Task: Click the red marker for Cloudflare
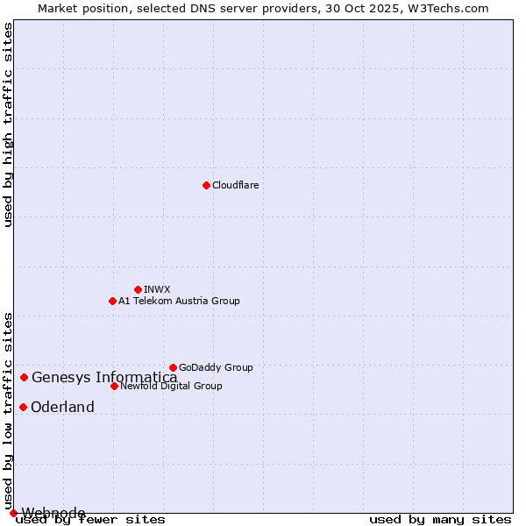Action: click(x=206, y=185)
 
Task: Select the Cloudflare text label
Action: click(x=235, y=185)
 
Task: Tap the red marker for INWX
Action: click(x=138, y=289)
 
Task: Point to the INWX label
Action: click(x=157, y=289)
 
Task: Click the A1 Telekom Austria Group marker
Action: click(x=112, y=301)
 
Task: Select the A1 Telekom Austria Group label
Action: click(x=179, y=301)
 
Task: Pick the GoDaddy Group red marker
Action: click(x=173, y=367)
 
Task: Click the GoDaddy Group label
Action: click(x=216, y=367)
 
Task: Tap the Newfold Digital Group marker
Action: click(x=114, y=386)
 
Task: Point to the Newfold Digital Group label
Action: click(x=171, y=386)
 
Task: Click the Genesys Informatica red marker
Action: click(x=24, y=377)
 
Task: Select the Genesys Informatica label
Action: click(x=104, y=378)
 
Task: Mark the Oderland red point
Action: click(x=23, y=407)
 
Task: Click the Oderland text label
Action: click(x=62, y=407)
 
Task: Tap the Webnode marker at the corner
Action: click(x=13, y=513)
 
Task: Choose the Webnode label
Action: click(x=53, y=513)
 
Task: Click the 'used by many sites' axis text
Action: click(x=440, y=520)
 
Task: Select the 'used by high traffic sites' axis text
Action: click(x=8, y=124)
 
